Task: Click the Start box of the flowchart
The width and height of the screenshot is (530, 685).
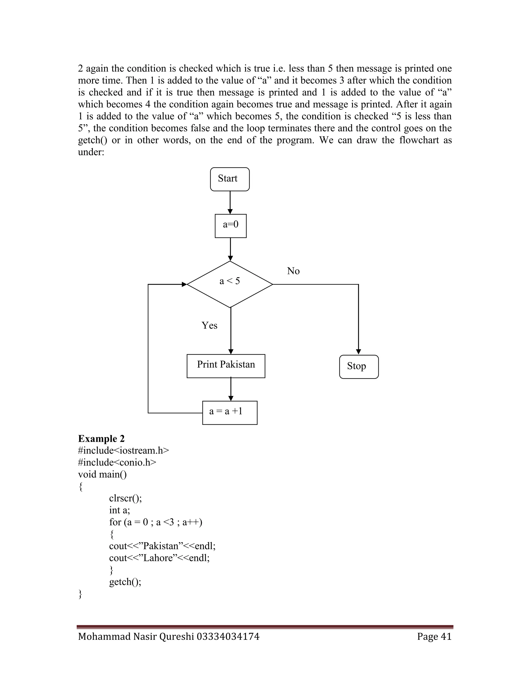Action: click(230, 179)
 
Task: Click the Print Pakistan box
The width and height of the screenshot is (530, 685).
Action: click(226, 366)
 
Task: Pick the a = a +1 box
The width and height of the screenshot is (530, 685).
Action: click(230, 413)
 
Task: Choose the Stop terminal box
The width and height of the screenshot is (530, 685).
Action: click(359, 367)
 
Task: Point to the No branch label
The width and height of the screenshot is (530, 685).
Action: click(293, 271)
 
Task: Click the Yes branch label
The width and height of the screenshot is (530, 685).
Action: click(209, 325)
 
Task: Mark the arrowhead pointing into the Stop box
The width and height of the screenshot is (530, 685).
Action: click(359, 352)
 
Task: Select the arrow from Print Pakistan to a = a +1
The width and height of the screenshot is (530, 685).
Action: click(231, 389)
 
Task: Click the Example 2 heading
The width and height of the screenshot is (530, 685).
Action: click(101, 438)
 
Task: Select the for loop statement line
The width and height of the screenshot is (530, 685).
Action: click(156, 522)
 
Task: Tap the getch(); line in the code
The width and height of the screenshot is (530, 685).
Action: click(125, 582)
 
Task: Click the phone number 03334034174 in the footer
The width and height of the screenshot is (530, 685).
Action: click(228, 636)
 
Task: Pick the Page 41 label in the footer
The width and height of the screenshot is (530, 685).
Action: click(434, 636)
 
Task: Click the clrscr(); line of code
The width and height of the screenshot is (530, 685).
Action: click(125, 498)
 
